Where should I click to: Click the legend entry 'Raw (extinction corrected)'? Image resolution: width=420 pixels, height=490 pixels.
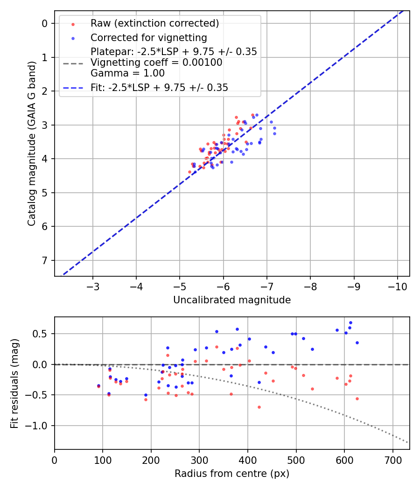[x=154, y=23]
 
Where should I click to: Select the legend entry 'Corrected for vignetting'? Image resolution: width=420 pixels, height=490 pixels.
[x=148, y=37]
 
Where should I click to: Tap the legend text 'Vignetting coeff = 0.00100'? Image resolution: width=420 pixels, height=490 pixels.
[x=156, y=63]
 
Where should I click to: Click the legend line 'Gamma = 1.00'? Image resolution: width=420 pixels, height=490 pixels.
[x=127, y=73]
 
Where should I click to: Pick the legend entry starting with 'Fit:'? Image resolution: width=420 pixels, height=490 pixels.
[x=159, y=88]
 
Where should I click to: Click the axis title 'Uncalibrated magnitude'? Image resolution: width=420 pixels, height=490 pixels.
[x=232, y=300]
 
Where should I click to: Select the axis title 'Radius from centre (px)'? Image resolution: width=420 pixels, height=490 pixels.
[x=232, y=474]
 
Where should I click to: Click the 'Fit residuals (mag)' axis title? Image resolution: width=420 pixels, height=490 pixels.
[x=15, y=383]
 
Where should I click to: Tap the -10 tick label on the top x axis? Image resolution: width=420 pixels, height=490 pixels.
[x=397, y=286]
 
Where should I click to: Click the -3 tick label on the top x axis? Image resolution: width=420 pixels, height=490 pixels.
[x=93, y=286]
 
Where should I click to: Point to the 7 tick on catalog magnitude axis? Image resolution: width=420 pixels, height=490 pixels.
[x=45, y=260]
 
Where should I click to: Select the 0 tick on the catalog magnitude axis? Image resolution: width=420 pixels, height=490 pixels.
[x=45, y=23]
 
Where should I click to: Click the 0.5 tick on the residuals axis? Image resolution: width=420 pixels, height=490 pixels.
[x=43, y=334]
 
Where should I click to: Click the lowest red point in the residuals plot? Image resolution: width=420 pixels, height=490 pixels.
[x=259, y=407]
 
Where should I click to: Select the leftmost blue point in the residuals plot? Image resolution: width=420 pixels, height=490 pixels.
[x=98, y=385]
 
